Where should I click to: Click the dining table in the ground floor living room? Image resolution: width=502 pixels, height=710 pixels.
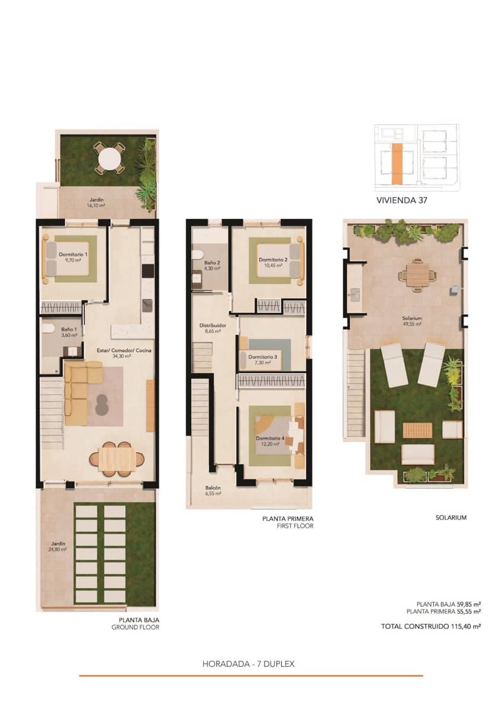pos(117,457)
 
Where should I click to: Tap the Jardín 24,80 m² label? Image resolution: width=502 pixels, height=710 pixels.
pos(58,546)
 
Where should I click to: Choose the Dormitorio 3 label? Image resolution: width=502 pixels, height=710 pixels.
pos(262,360)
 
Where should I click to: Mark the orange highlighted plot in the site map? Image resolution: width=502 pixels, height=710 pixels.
pos(398,163)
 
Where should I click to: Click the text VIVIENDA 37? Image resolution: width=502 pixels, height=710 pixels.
pos(402,201)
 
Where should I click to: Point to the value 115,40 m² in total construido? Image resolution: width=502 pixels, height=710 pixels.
pos(464,625)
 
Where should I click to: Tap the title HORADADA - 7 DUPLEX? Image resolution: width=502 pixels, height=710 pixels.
pos(249,664)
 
